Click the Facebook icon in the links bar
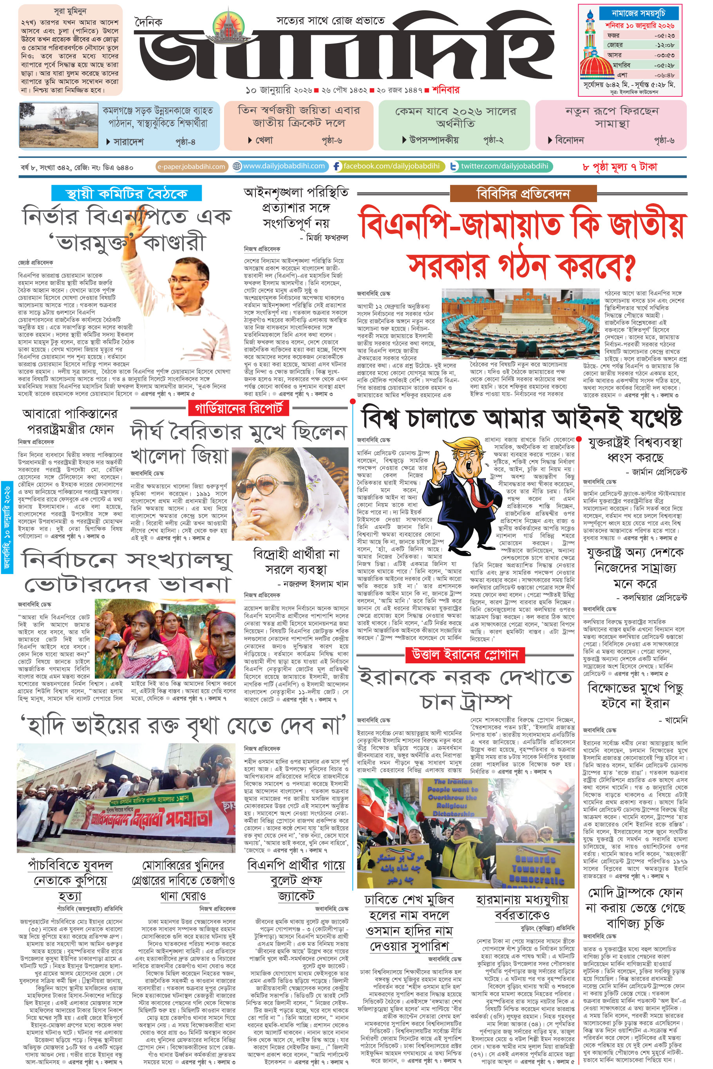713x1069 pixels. (x=337, y=166)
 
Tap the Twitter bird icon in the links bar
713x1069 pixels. (x=454, y=167)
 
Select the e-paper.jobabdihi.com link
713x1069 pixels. (x=191, y=167)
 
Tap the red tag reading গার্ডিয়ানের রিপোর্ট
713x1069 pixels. (x=239, y=408)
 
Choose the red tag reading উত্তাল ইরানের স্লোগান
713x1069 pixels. (x=465, y=654)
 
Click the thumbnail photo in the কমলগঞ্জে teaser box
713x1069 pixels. (x=59, y=125)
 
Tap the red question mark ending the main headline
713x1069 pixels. (x=628, y=268)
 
